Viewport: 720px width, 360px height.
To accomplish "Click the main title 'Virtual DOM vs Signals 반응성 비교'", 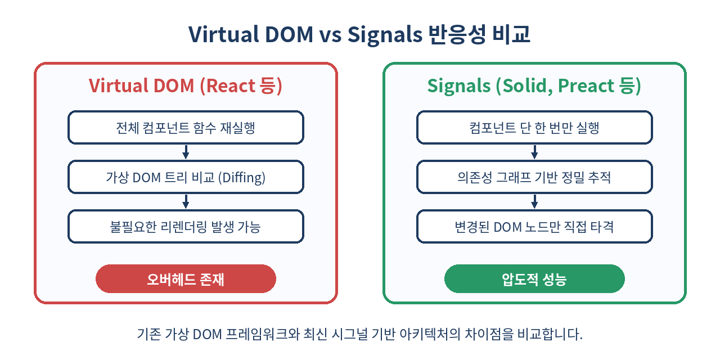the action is [x=359, y=34].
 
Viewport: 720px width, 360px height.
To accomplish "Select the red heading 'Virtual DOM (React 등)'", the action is [x=186, y=86].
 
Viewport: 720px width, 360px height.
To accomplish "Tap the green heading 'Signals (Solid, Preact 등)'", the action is [x=534, y=86].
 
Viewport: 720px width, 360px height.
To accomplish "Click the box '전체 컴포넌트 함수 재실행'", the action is [x=186, y=127].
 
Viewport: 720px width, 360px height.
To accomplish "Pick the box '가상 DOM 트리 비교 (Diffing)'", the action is [x=186, y=177].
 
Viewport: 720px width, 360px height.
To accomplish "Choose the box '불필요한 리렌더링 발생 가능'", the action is [x=186, y=226].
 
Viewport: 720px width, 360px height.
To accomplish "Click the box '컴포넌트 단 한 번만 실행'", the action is [x=534, y=127].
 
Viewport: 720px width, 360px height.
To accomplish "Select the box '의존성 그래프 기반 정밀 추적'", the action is [x=534, y=177].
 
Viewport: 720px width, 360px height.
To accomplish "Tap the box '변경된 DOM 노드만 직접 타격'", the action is [x=534, y=226].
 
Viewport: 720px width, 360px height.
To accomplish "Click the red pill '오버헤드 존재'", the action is [x=186, y=278].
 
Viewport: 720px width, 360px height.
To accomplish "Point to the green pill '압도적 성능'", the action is [x=534, y=278].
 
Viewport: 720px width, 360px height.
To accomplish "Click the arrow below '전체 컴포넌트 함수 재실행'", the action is [x=186, y=152].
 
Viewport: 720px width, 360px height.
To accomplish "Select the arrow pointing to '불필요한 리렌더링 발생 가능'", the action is [x=186, y=201].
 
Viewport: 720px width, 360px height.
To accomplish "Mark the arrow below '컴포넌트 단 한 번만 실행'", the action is [x=534, y=152].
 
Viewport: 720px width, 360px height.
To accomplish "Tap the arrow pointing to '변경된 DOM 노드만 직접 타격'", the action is [x=534, y=201].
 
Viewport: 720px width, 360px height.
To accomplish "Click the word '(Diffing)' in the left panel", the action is [x=242, y=177].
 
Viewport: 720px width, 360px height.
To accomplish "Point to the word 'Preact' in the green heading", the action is [x=586, y=86].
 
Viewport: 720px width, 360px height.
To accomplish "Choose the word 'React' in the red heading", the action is [x=228, y=86].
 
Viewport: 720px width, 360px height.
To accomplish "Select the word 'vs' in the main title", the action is [x=330, y=35].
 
